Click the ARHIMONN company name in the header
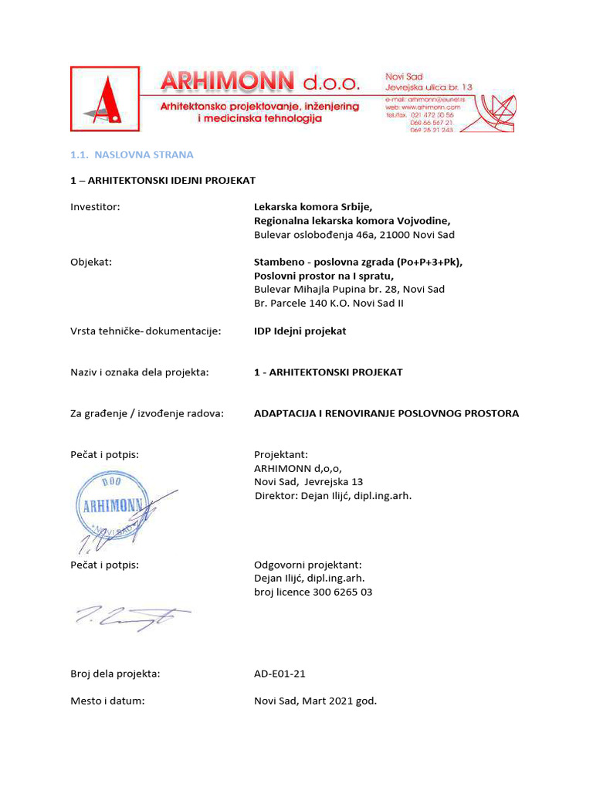point(227,81)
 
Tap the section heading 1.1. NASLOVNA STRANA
point(131,154)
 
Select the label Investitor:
point(95,206)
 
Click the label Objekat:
point(91,262)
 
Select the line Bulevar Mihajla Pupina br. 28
point(349,289)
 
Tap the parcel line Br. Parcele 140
point(329,303)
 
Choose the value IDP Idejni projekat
point(300,331)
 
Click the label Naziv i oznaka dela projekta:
point(140,372)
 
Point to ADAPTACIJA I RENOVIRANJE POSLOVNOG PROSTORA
point(386,413)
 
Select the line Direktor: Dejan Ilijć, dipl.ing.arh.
point(333,495)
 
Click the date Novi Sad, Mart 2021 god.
point(315,701)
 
